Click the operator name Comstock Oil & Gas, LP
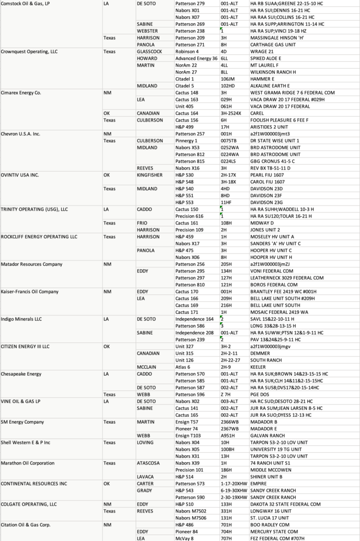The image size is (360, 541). point(26,4)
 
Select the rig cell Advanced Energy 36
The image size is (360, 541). point(196,58)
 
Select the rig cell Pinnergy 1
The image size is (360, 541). point(186,141)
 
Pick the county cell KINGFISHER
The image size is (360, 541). point(150,175)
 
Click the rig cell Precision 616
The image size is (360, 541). point(190,216)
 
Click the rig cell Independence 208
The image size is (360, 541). point(195,333)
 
